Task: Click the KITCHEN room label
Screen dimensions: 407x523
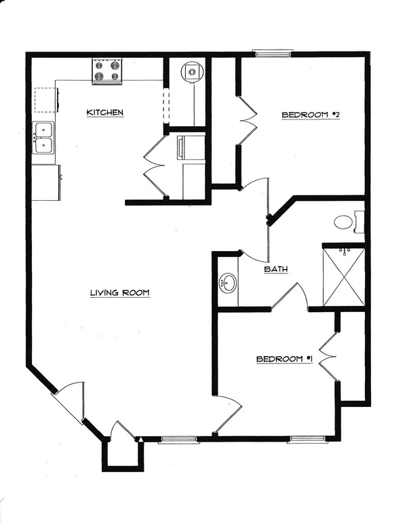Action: (105, 112)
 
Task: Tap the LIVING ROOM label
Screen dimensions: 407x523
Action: (120, 293)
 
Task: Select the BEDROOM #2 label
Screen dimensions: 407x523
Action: (311, 115)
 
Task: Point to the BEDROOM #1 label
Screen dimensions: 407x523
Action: (284, 360)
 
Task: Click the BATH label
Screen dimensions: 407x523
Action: (276, 269)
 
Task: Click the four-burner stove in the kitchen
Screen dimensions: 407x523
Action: (107, 71)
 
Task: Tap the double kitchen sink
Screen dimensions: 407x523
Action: (43, 138)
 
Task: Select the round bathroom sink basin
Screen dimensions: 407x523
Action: (228, 283)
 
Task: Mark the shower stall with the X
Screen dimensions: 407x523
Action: (344, 277)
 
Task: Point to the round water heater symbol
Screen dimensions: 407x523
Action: (191, 72)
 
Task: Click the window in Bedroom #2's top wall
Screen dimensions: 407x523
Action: (271, 53)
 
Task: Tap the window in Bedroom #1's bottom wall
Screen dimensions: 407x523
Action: (307, 439)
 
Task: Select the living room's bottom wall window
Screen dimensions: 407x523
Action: (178, 439)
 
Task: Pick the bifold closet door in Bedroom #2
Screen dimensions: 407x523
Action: (247, 120)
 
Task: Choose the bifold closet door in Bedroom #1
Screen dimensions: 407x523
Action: (328, 356)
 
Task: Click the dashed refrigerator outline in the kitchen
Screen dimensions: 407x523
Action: (45, 100)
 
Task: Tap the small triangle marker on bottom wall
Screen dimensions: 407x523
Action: (140, 440)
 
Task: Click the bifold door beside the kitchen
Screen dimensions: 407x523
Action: (155, 166)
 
